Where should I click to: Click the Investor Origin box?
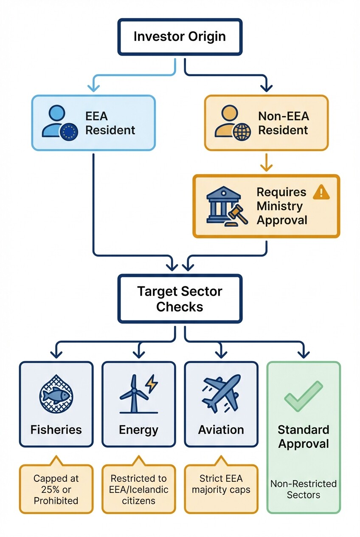pos(180,37)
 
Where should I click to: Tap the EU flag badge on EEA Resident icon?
pos(69,133)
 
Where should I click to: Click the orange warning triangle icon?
pos(321,192)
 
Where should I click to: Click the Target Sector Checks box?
pos(180,299)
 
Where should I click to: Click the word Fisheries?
pos(56,430)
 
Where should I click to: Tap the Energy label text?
pos(138,430)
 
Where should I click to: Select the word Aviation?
pos(221,430)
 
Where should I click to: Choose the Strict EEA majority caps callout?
pos(221,484)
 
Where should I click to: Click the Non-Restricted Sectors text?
pos(303,489)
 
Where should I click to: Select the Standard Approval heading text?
pos(303,437)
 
